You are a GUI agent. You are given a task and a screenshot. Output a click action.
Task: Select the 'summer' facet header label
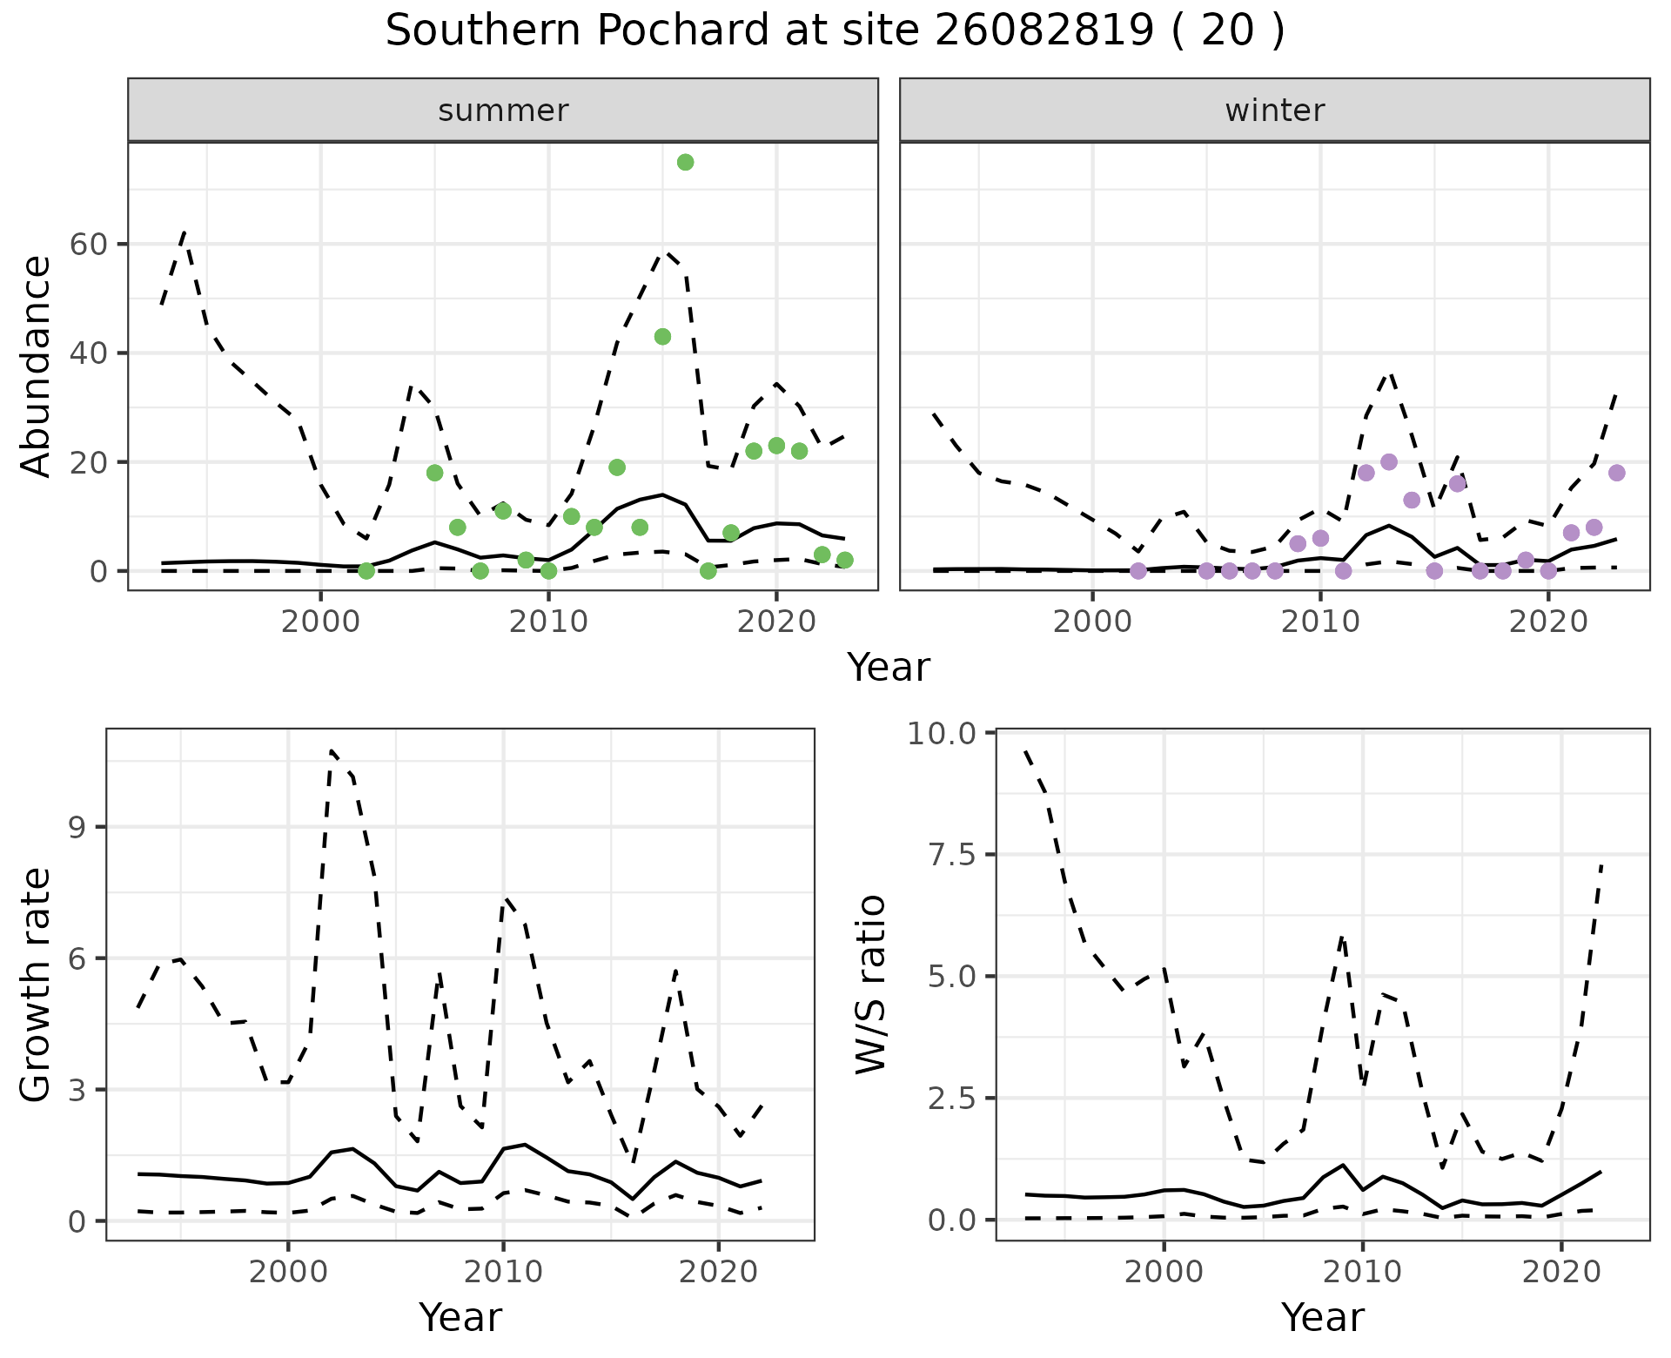503,111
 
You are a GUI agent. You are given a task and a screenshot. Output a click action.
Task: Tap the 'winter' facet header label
1274,111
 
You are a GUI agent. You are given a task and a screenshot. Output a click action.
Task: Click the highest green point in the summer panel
685,162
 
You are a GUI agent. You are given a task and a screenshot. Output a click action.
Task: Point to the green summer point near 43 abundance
662,337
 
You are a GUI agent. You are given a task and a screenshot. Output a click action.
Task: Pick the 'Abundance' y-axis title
37,366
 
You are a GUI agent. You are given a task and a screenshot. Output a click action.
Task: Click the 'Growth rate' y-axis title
37,985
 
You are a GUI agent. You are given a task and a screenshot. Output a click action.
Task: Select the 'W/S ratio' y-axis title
870,984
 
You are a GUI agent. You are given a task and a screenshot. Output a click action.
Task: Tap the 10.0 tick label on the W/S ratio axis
942,733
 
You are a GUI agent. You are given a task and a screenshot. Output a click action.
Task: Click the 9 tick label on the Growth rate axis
82,827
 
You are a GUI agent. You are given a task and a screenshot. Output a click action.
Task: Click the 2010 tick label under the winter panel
1320,623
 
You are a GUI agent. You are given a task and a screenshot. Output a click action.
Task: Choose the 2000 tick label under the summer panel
320,623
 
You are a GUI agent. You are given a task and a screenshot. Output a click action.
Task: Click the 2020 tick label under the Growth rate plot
718,1273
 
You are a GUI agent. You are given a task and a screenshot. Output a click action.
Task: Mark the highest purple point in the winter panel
1389,462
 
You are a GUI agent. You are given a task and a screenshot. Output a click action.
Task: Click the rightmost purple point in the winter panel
1617,473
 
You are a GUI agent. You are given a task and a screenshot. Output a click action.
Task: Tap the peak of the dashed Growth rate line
331,750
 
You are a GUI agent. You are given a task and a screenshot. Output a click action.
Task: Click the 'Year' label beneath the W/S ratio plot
1322,1317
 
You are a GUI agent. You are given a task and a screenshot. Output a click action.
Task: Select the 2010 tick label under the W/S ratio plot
1362,1273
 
